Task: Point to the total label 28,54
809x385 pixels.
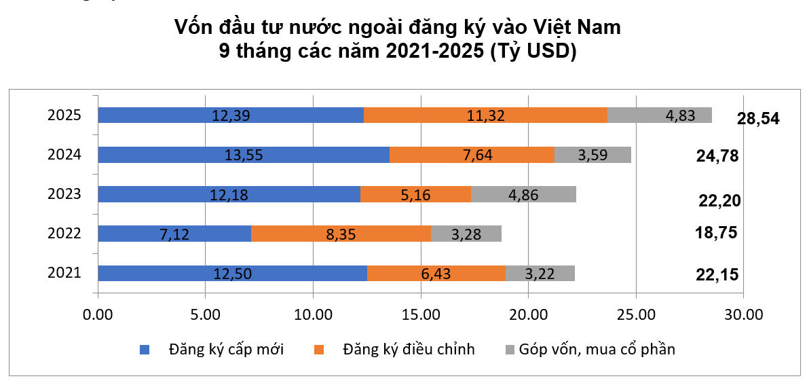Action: click(x=758, y=119)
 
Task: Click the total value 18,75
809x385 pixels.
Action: click(x=717, y=232)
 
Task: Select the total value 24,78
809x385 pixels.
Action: click(x=717, y=156)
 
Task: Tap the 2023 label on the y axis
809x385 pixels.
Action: click(x=64, y=194)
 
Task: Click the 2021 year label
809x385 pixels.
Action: click(x=64, y=273)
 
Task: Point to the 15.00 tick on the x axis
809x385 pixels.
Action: click(x=421, y=314)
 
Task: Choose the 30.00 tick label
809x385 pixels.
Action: click(x=743, y=314)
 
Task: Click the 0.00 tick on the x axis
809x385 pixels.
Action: click(x=98, y=314)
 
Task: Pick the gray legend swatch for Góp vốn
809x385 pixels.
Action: click(x=510, y=350)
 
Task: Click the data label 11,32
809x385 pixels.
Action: click(x=485, y=115)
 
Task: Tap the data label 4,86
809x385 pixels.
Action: click(x=524, y=194)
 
